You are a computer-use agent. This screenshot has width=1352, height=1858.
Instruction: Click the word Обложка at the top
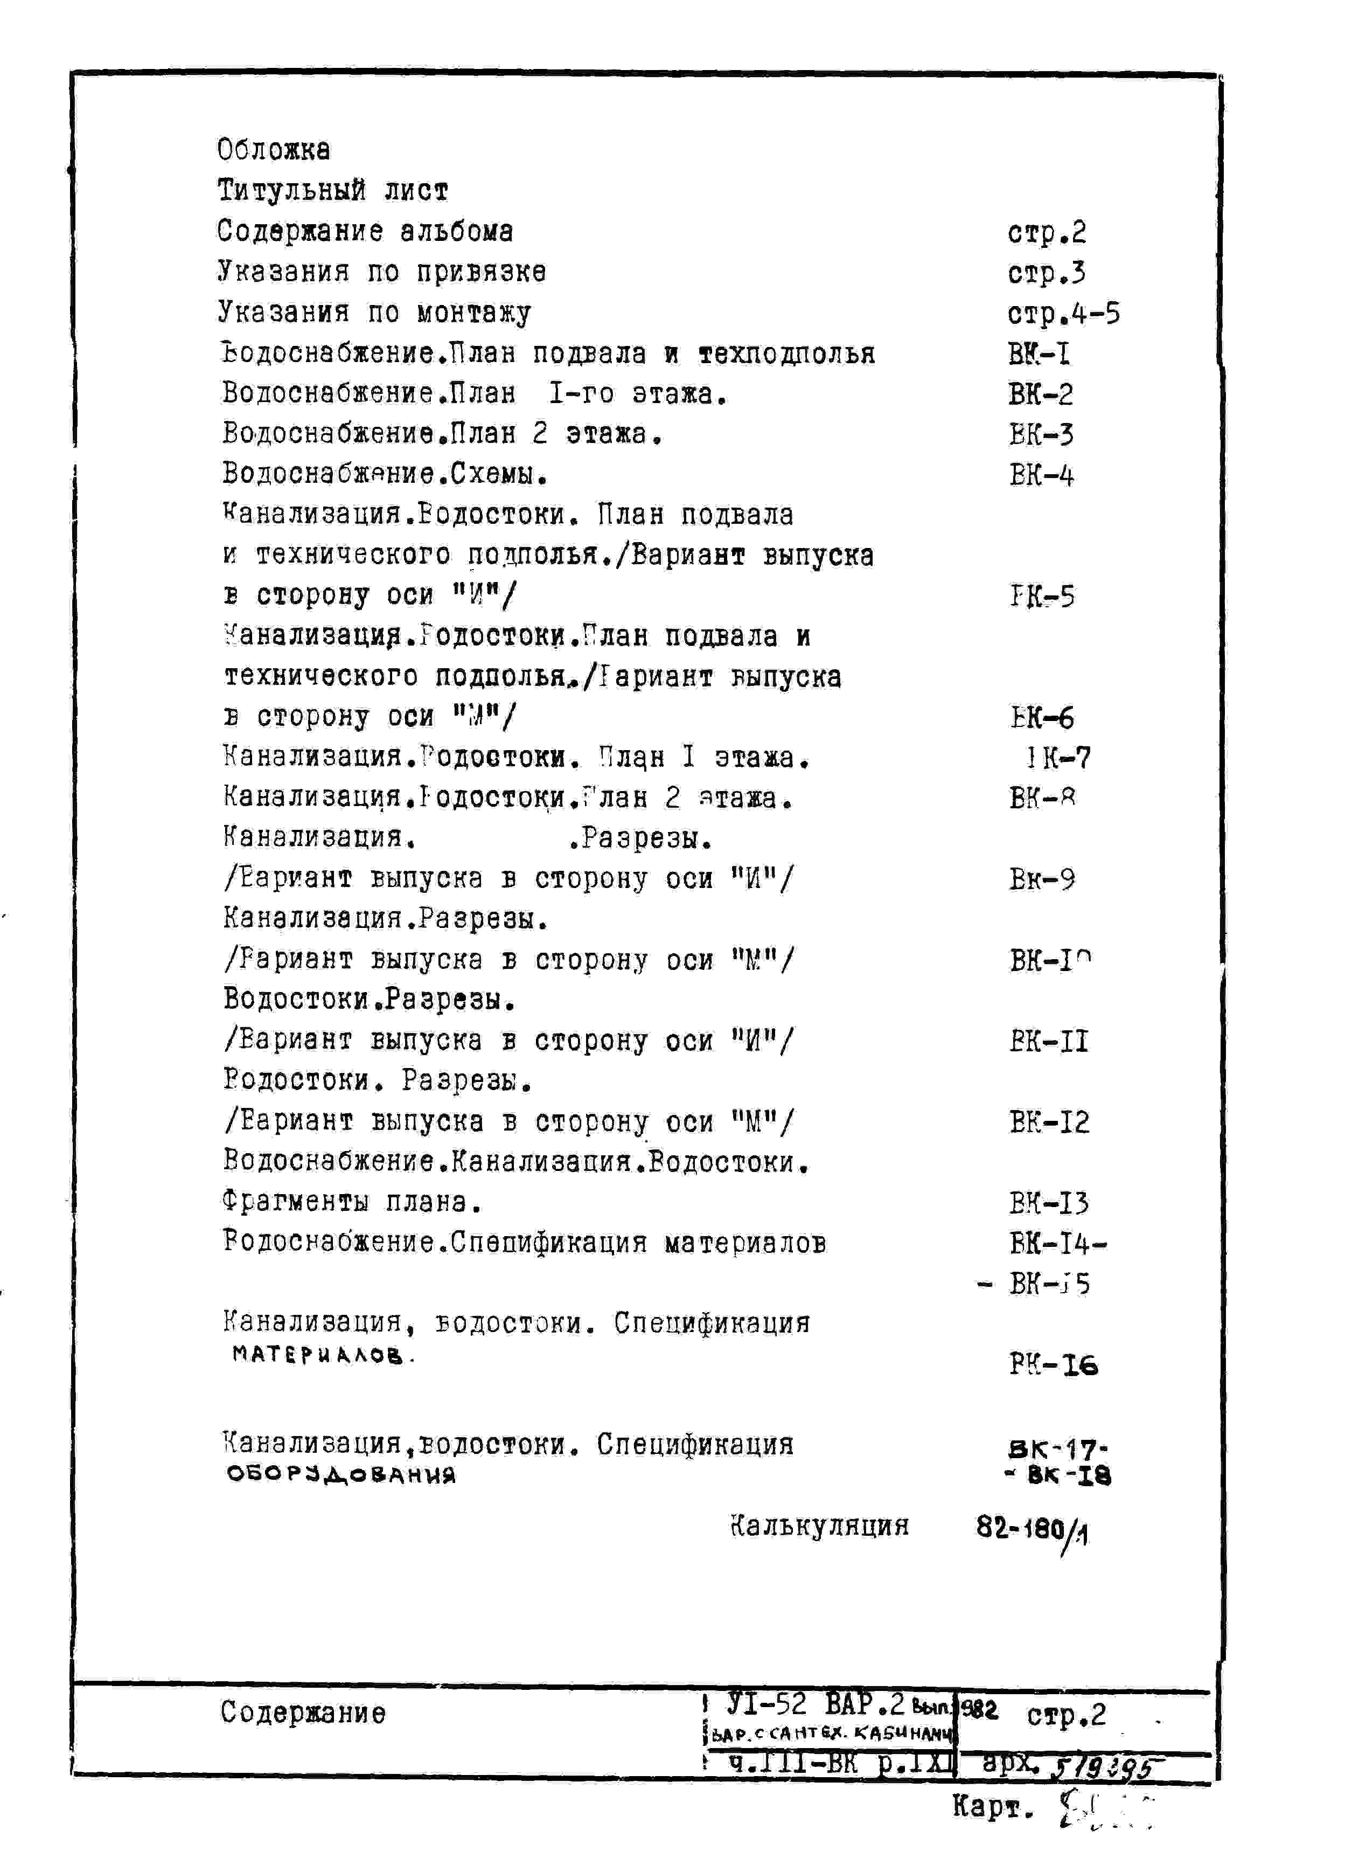274,150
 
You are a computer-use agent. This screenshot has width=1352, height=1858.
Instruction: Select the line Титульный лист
332,191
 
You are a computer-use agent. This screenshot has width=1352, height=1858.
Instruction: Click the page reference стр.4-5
1063,314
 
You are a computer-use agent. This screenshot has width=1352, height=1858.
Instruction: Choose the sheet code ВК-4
1041,475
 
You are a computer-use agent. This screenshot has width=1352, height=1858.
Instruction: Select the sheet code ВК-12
1049,1122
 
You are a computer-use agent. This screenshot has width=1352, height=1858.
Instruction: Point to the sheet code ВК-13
1049,1203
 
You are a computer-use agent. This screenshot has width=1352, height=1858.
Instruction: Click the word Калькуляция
819,1526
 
